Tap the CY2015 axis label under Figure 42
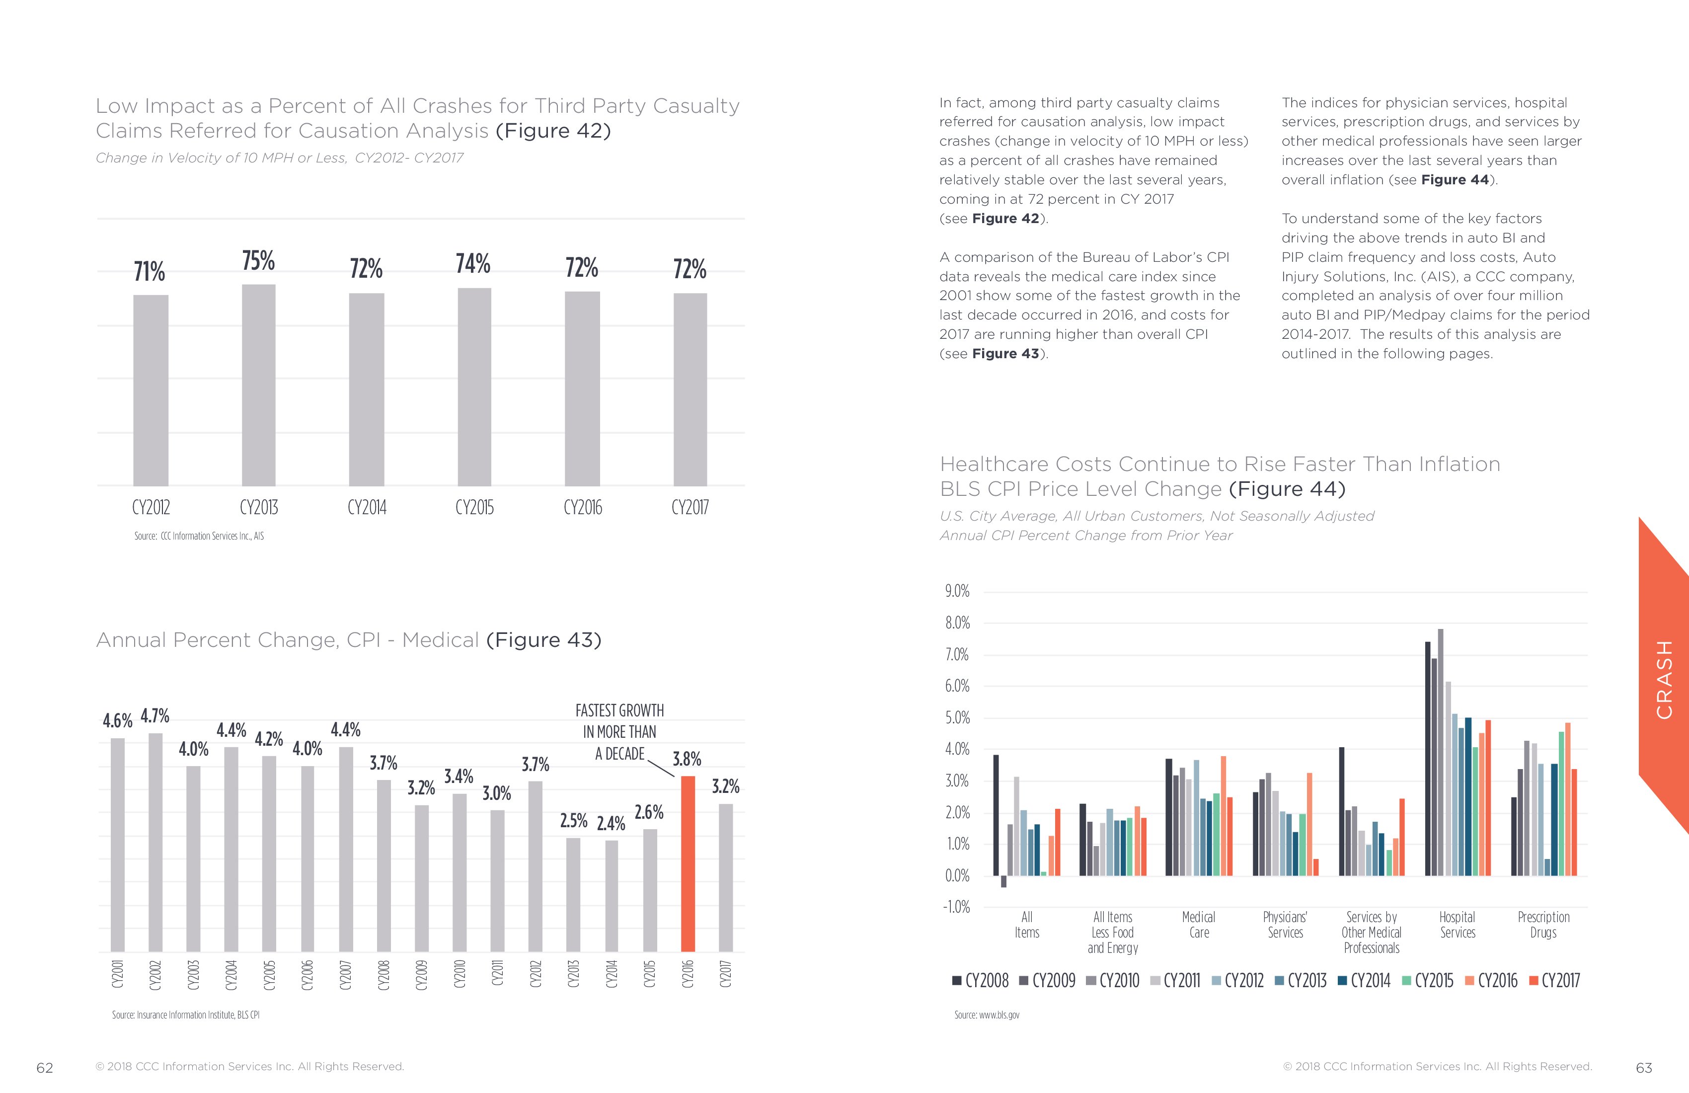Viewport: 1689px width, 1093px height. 474,507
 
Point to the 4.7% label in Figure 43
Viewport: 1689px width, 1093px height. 154,715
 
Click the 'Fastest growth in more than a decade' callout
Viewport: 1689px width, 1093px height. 619,732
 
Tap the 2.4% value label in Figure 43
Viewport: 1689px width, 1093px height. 611,823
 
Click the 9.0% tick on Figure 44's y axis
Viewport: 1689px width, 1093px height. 957,591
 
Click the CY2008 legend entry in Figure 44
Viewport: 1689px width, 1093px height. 980,981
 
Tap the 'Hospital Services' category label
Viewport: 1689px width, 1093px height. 1457,925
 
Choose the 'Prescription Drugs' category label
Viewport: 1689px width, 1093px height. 1543,925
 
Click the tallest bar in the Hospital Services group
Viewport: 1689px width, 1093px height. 1441,752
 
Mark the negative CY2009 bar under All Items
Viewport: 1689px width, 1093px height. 1003,881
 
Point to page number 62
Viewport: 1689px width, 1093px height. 45,1068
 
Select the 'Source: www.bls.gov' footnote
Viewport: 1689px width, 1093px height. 987,1015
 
